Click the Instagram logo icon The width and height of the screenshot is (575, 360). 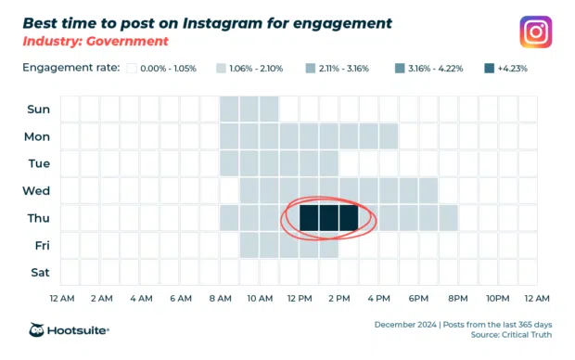coord(535,32)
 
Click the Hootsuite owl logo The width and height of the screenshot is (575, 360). coord(38,330)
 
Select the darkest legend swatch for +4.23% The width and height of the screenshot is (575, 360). coord(490,68)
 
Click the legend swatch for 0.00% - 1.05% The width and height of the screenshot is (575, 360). coord(132,68)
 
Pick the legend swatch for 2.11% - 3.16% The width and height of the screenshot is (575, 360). coord(310,68)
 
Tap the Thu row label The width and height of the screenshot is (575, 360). coord(37,218)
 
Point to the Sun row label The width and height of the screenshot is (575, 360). coord(37,109)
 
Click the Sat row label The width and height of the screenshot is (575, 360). coord(37,273)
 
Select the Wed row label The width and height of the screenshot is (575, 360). coord(37,191)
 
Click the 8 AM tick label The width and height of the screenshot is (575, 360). coord(220,299)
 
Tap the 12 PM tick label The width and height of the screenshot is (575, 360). coord(300,299)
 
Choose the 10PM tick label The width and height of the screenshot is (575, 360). coord(498,299)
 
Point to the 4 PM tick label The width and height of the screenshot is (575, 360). coord(378,299)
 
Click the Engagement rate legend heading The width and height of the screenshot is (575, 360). coord(70,68)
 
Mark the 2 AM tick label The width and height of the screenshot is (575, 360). coord(101,299)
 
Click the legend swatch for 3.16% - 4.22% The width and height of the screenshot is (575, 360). coord(400,68)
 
